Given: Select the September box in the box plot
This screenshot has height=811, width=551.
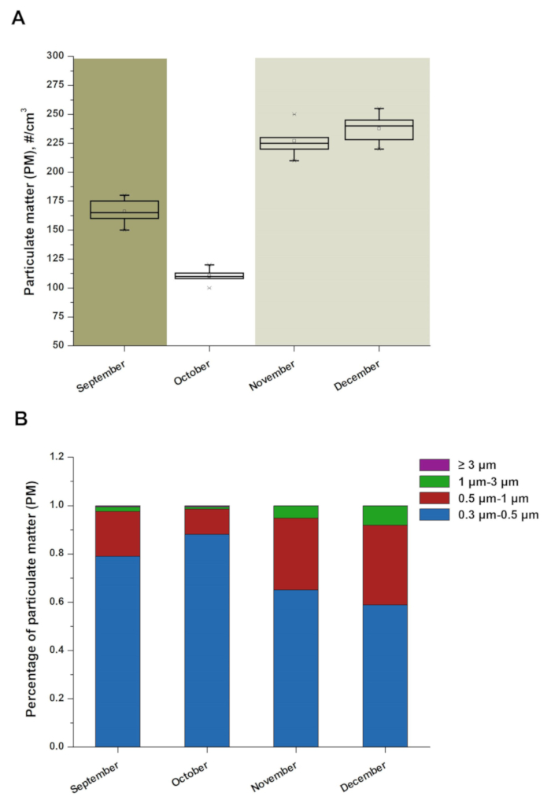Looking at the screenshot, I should pyautogui.click(x=124, y=209).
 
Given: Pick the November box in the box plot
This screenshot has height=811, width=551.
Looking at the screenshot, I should pyautogui.click(x=294, y=143).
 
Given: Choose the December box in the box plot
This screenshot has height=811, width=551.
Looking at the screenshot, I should pyautogui.click(x=379, y=130).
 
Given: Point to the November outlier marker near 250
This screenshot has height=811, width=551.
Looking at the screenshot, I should pyautogui.click(x=294, y=114).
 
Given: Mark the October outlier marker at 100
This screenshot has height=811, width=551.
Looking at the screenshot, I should pyautogui.click(x=209, y=288).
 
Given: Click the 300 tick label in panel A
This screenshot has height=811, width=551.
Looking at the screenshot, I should pyautogui.click(x=55, y=56).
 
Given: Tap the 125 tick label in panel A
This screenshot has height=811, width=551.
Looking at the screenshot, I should pyautogui.click(x=55, y=259).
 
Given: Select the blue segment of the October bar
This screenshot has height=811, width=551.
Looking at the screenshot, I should pyautogui.click(x=207, y=640).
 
